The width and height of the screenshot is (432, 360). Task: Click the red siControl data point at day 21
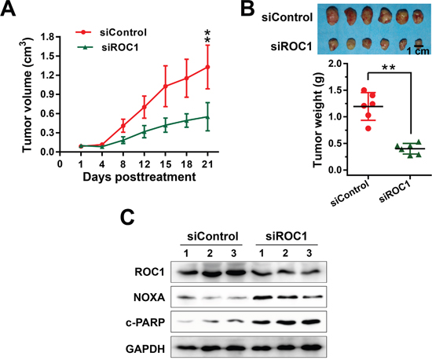pos(207,67)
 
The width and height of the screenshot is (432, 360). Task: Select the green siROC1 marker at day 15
pos(165,125)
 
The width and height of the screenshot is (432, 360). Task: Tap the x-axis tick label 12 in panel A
pos(144,164)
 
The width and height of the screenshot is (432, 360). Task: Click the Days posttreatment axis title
pos(139,177)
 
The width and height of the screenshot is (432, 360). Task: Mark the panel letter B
pos(247,9)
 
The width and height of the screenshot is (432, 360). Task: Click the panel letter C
pos(127,218)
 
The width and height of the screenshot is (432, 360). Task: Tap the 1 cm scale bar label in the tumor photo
pos(418,51)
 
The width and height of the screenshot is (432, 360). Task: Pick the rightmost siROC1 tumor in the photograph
pos(418,43)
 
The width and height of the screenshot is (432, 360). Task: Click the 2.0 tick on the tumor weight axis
pos(339,64)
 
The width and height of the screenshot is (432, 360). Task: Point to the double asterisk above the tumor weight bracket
pos(389,68)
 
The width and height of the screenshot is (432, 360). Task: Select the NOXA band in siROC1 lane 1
pos(262,298)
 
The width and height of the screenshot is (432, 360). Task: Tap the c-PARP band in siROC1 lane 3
pos(309,322)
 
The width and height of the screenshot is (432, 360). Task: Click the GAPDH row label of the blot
pos(145,349)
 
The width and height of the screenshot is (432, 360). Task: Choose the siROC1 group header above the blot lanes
pos(286,237)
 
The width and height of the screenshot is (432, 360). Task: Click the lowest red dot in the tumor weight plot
pos(368,128)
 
